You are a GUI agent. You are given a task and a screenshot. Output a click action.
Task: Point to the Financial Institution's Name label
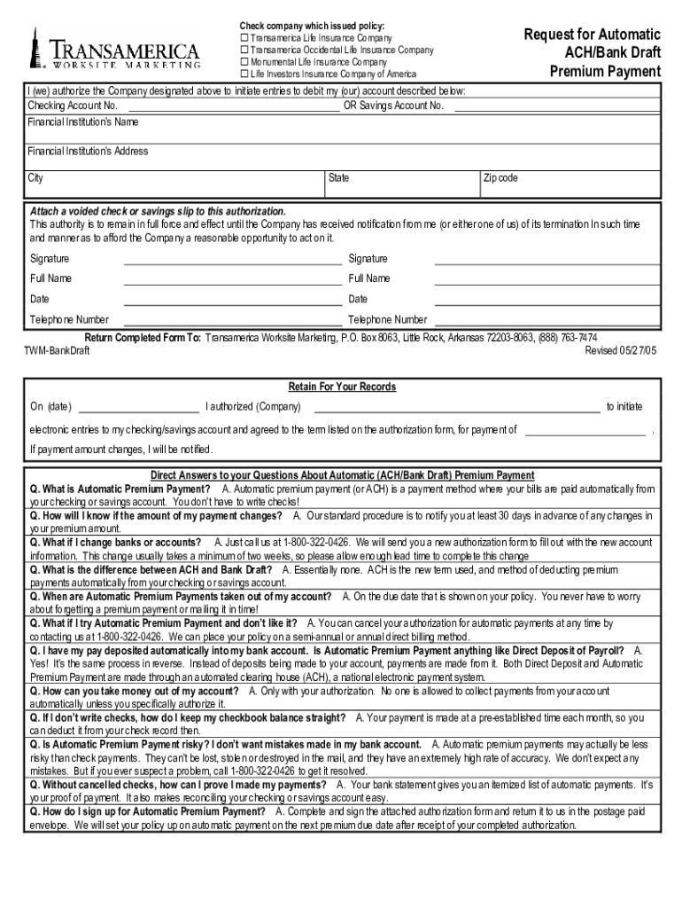click(x=82, y=121)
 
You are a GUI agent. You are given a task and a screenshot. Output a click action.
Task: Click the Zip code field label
click(x=500, y=178)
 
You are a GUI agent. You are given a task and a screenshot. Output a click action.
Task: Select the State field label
click(x=338, y=178)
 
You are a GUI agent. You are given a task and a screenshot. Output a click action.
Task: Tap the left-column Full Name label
click(x=51, y=278)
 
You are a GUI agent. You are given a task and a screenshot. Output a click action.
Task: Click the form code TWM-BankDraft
click(x=56, y=351)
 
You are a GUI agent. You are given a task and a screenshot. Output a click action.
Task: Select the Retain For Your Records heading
click(x=342, y=387)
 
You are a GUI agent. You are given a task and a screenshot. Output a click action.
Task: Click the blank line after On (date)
click(x=139, y=411)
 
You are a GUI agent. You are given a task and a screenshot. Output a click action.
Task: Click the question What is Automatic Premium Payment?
click(x=120, y=489)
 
